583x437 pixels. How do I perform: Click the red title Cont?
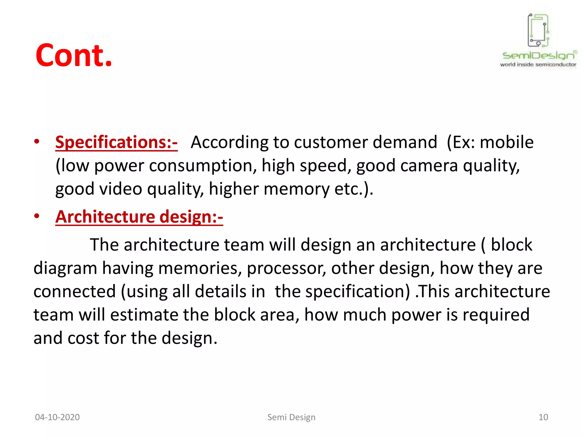73,55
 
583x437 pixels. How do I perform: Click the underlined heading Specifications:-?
116,142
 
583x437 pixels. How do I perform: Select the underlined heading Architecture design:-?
139,217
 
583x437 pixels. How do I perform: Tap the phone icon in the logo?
538,30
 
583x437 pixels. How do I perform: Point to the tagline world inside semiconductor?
538,65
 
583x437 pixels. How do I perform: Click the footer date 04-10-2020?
57,417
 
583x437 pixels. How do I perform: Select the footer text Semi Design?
291,417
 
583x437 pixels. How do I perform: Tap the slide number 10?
543,417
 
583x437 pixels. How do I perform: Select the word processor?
286,268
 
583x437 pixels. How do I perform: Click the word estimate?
144,315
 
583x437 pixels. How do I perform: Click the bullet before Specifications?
37,141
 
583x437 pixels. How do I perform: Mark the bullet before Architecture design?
37,216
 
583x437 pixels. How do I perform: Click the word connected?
75,292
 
